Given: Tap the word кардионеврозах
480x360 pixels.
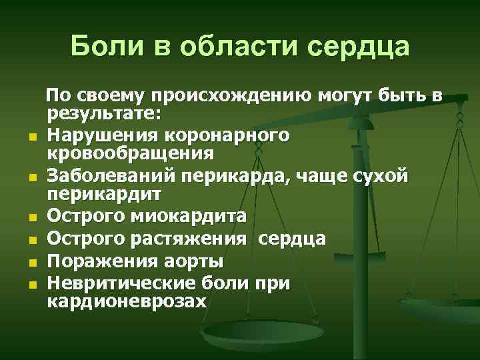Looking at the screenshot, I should click(127, 300).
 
